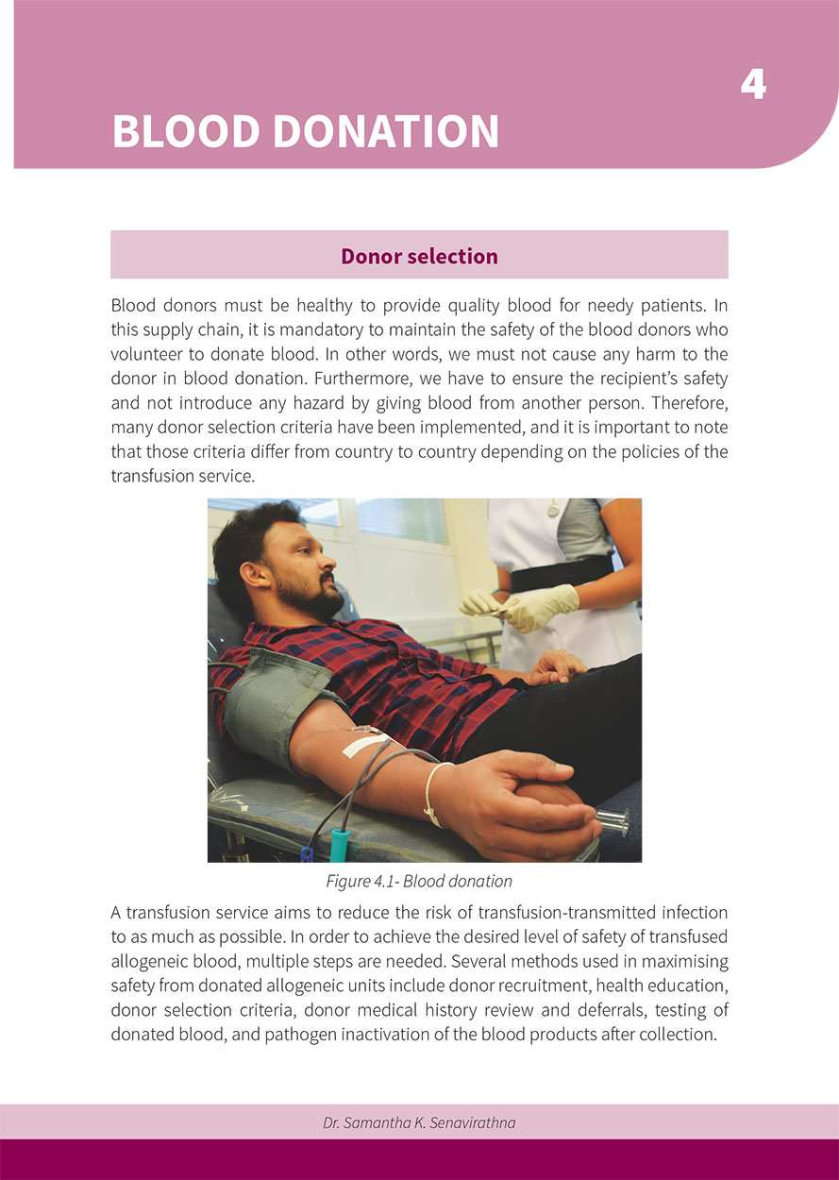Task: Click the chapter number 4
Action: click(x=753, y=85)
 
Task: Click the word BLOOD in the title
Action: click(x=185, y=131)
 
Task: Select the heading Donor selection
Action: click(x=419, y=256)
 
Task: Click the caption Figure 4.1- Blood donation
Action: click(x=419, y=881)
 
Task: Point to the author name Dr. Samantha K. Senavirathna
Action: click(x=419, y=1123)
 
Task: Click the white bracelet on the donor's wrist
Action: click(x=432, y=793)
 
